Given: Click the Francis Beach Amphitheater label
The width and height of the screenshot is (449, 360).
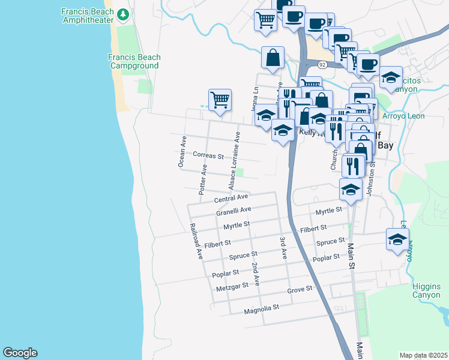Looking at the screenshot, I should (x=89, y=16).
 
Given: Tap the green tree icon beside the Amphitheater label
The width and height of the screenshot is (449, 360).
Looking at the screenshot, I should (x=124, y=14).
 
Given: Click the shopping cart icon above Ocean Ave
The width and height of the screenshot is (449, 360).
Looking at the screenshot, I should (x=220, y=100).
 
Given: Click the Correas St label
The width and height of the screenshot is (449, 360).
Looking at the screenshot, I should (x=208, y=155).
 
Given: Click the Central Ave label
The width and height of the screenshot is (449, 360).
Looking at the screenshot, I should (x=231, y=197).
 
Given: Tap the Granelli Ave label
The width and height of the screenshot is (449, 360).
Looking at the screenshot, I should (x=234, y=211).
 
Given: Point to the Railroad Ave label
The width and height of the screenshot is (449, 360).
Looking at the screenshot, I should (x=196, y=242).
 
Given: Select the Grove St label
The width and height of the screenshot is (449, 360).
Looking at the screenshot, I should (x=300, y=289).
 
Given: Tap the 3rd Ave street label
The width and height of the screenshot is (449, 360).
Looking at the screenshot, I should (x=283, y=248).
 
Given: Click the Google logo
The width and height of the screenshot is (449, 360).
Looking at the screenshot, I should (x=20, y=353).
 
